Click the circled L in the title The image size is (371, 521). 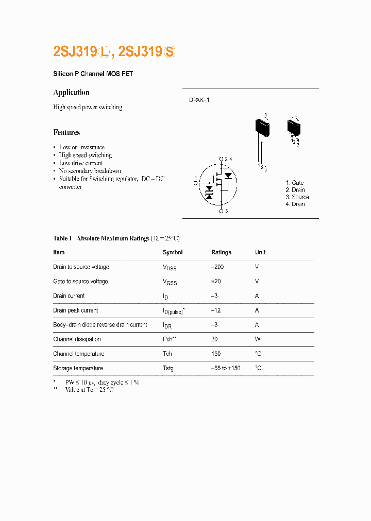pos(105,51)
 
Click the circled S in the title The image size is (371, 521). pos(170,51)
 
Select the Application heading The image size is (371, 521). pos(72,92)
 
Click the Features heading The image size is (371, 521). pos(66,132)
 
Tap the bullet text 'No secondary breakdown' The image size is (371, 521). pos(90,171)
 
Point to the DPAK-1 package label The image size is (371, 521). pos(199,100)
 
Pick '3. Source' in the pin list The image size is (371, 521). pos(297,197)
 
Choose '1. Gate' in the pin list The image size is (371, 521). pos(295,183)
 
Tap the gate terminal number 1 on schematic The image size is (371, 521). pos(195,178)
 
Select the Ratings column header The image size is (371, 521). pos(221,252)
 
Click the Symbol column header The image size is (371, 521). pos(173,252)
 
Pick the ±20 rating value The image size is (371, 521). pos(216,282)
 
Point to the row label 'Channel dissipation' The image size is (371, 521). pos(77,339)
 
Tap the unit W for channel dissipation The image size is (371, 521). pos(258,339)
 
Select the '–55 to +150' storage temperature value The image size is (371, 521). pos(226,368)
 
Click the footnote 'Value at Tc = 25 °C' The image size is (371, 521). pos(89,390)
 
